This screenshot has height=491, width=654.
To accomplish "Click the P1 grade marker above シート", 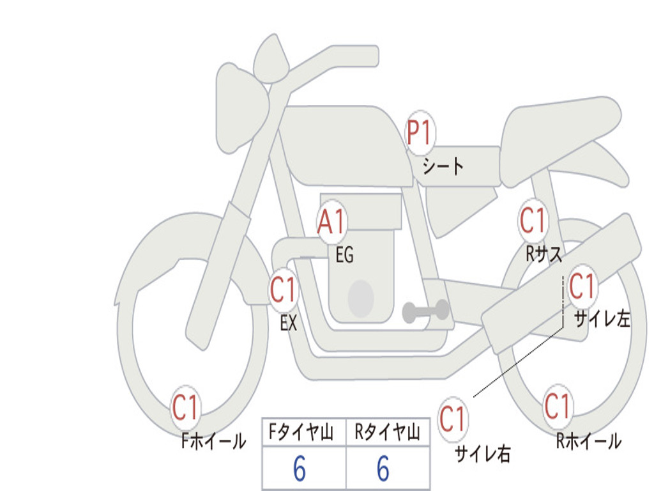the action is (420, 132).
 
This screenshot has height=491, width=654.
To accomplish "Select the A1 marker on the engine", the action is (331, 221).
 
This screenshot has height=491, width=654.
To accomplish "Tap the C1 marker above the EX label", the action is (284, 290).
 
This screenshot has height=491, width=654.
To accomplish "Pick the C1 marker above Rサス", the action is (533, 220).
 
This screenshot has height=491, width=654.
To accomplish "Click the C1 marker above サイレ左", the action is (582, 287).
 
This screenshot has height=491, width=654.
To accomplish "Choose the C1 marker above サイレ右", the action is (453, 419).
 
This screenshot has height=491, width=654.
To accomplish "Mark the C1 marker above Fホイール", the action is (185, 407).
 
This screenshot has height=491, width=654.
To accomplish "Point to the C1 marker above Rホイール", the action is (558, 406).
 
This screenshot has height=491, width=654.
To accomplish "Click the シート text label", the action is (443, 166).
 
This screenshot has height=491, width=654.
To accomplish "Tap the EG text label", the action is (345, 254).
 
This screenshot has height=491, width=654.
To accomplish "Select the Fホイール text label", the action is (213, 441).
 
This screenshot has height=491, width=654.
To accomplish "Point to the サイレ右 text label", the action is (483, 454).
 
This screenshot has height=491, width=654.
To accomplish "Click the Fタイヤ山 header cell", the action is (304, 432).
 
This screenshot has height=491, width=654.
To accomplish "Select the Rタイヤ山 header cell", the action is (388, 432).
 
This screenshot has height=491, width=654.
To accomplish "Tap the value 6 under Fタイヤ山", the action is (300, 469).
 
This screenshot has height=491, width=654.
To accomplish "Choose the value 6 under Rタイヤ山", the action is (383, 469).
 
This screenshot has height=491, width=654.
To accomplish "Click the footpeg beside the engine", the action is (425, 311).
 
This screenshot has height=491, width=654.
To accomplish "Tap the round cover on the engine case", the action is (361, 299).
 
